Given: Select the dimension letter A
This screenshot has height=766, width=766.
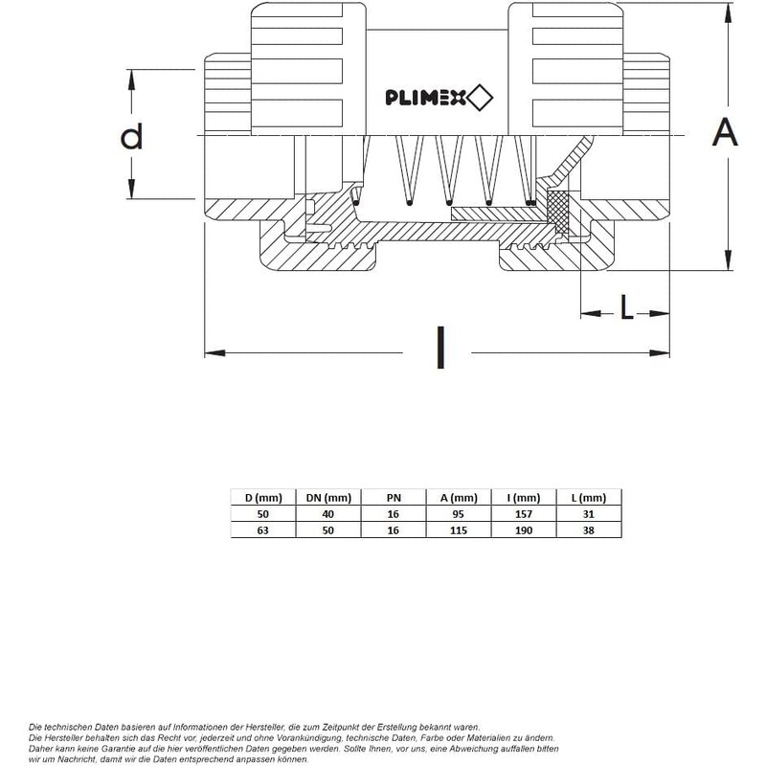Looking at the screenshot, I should coord(725,133).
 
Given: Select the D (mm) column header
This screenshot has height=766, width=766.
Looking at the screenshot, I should coord(262,497).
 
